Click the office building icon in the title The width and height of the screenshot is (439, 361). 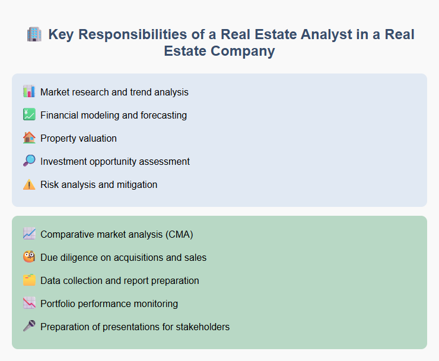click(x=34, y=34)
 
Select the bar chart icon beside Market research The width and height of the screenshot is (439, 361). click(x=29, y=92)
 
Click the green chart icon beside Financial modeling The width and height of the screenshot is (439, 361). click(x=29, y=115)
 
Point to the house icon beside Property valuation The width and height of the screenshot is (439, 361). click(x=29, y=138)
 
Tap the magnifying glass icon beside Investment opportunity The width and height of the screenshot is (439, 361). click(x=29, y=161)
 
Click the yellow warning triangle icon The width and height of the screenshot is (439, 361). click(x=29, y=184)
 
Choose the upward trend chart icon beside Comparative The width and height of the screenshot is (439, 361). click(x=29, y=234)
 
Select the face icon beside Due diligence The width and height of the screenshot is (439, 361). click(x=29, y=257)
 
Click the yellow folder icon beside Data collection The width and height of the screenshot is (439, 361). click(x=29, y=280)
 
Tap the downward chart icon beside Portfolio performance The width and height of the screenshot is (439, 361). click(x=29, y=304)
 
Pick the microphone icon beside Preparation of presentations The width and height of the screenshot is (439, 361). click(x=29, y=327)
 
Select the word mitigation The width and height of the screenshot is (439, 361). click(x=136, y=184)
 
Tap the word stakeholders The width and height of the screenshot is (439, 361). click(x=202, y=327)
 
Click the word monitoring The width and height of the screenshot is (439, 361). click(x=156, y=304)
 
